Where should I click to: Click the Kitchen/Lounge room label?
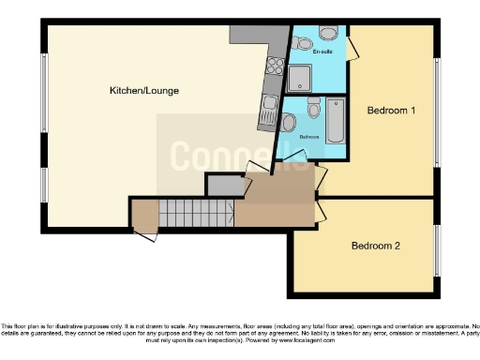143,91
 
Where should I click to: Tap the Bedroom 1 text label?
391,111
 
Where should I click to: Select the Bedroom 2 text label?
376,247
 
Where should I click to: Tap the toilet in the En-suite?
302,43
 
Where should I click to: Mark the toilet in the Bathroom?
290,122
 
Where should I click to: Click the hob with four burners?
276,66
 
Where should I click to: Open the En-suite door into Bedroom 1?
352,47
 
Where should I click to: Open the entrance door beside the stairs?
146,232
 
